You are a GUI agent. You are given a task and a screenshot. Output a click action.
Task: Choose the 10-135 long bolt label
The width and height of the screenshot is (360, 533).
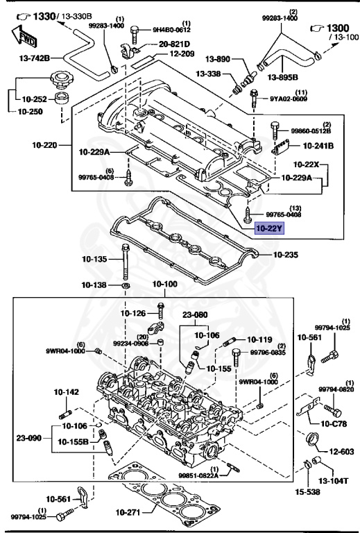(94, 260)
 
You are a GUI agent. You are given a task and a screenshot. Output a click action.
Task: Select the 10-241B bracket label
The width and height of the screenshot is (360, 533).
(318, 146)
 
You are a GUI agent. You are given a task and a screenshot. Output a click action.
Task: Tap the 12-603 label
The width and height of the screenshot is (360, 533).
(341, 451)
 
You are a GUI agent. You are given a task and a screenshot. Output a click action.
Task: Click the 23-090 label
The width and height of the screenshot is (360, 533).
(31, 438)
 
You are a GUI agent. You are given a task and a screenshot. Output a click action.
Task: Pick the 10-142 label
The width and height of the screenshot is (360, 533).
(67, 392)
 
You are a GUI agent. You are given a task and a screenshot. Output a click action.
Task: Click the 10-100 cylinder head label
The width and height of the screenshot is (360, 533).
(165, 285)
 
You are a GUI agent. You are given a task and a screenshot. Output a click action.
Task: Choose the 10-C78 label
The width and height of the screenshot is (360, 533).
(334, 423)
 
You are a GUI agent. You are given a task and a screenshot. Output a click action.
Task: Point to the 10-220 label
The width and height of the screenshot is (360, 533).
(44, 146)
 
